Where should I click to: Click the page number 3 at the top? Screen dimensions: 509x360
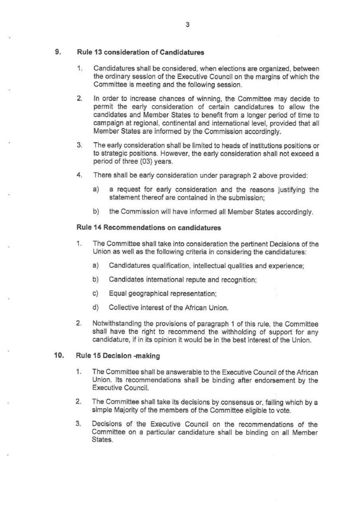coord(187,25)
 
